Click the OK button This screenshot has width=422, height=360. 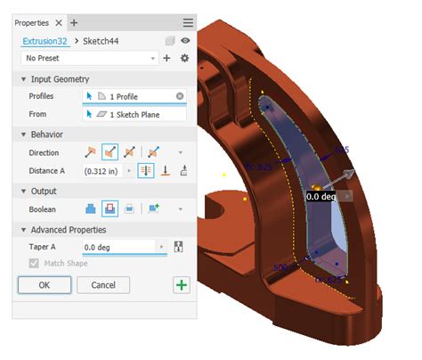[x=44, y=285]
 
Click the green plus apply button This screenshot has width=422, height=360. [x=181, y=285]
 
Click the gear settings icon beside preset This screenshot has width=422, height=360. [x=184, y=58]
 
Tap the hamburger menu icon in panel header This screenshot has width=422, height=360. [x=188, y=21]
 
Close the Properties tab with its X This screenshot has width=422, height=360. [x=59, y=21]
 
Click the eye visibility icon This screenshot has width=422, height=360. [x=185, y=41]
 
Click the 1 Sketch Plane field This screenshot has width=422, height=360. [x=134, y=114]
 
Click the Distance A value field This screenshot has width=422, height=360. [x=103, y=171]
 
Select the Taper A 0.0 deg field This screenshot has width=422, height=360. [x=120, y=247]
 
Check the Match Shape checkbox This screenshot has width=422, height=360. [x=35, y=264]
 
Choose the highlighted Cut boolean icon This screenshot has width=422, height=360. [x=110, y=209]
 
